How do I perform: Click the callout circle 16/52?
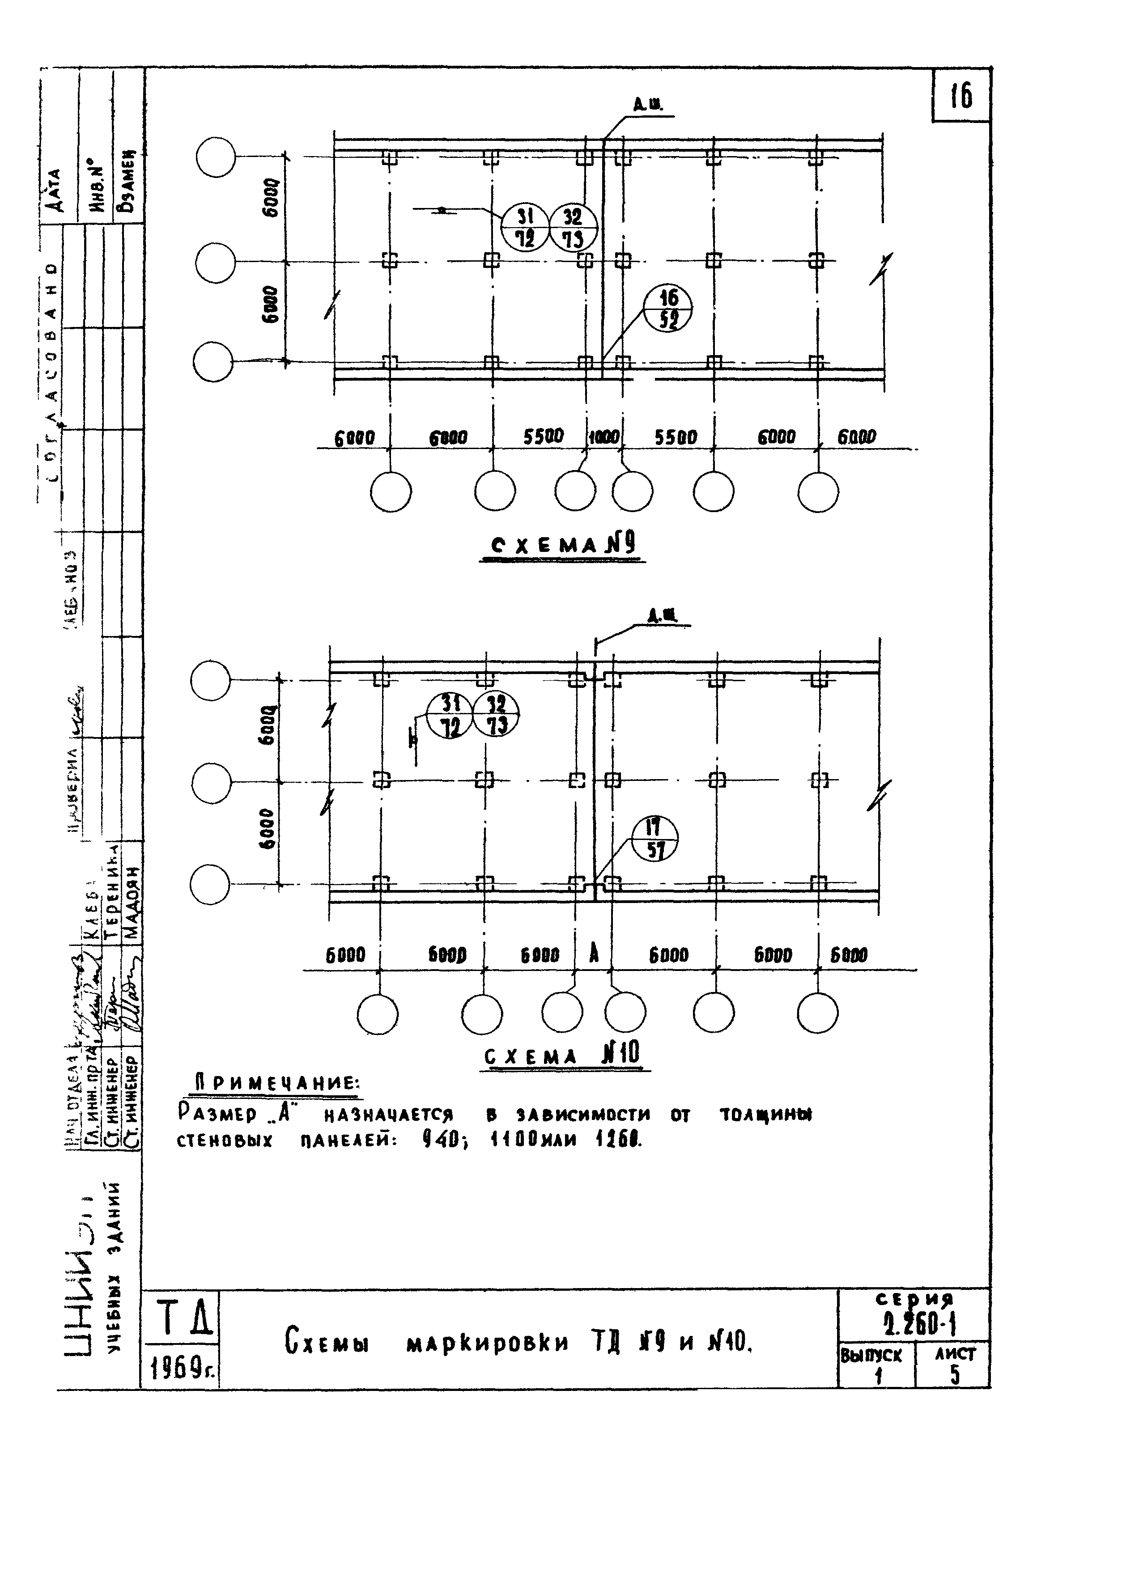coord(667,308)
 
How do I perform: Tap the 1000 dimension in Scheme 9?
coord(604,438)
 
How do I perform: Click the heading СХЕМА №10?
coord(564,1056)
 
